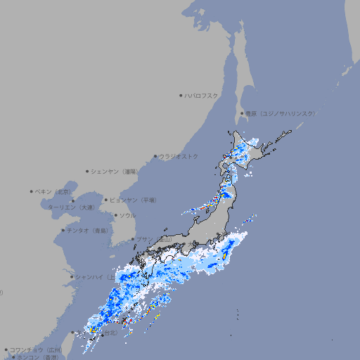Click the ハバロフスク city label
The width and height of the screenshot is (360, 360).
pos(202,95)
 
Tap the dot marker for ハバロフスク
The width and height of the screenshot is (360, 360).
pos(181,95)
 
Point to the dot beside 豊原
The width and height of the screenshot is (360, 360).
pos(243,113)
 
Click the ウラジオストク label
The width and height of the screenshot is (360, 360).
pos(179,156)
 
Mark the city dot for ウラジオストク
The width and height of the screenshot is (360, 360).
pos(156,157)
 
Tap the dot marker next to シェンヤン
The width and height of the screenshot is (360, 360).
pos(88,171)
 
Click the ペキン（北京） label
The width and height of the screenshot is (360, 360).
pos(53,191)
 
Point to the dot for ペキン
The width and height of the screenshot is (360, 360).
pos(32,191)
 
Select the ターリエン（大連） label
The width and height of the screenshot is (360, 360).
pos(71,207)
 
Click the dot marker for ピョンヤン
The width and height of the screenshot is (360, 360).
pos(106,200)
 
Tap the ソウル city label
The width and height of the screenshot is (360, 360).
pos(127,215)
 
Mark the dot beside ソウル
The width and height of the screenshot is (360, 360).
pos(115,215)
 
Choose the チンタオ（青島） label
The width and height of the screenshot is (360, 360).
pos(88,230)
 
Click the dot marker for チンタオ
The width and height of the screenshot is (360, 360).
pos(63,230)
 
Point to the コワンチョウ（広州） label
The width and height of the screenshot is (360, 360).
pos(36,349)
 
